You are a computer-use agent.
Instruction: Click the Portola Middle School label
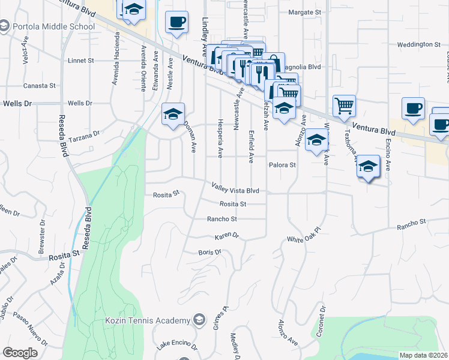(x=53, y=26)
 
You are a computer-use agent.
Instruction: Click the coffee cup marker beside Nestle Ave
(x=176, y=23)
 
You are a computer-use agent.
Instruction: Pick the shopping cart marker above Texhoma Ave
(x=344, y=106)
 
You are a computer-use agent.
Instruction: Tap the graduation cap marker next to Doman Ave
(x=173, y=115)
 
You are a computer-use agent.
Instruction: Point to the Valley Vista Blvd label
(x=235, y=190)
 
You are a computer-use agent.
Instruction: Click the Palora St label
(x=283, y=164)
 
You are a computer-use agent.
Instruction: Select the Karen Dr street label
(x=227, y=236)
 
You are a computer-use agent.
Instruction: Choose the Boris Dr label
(x=210, y=253)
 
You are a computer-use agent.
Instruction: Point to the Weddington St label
(x=419, y=44)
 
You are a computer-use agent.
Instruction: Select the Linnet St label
(x=81, y=61)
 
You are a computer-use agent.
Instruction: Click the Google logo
(x=20, y=352)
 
